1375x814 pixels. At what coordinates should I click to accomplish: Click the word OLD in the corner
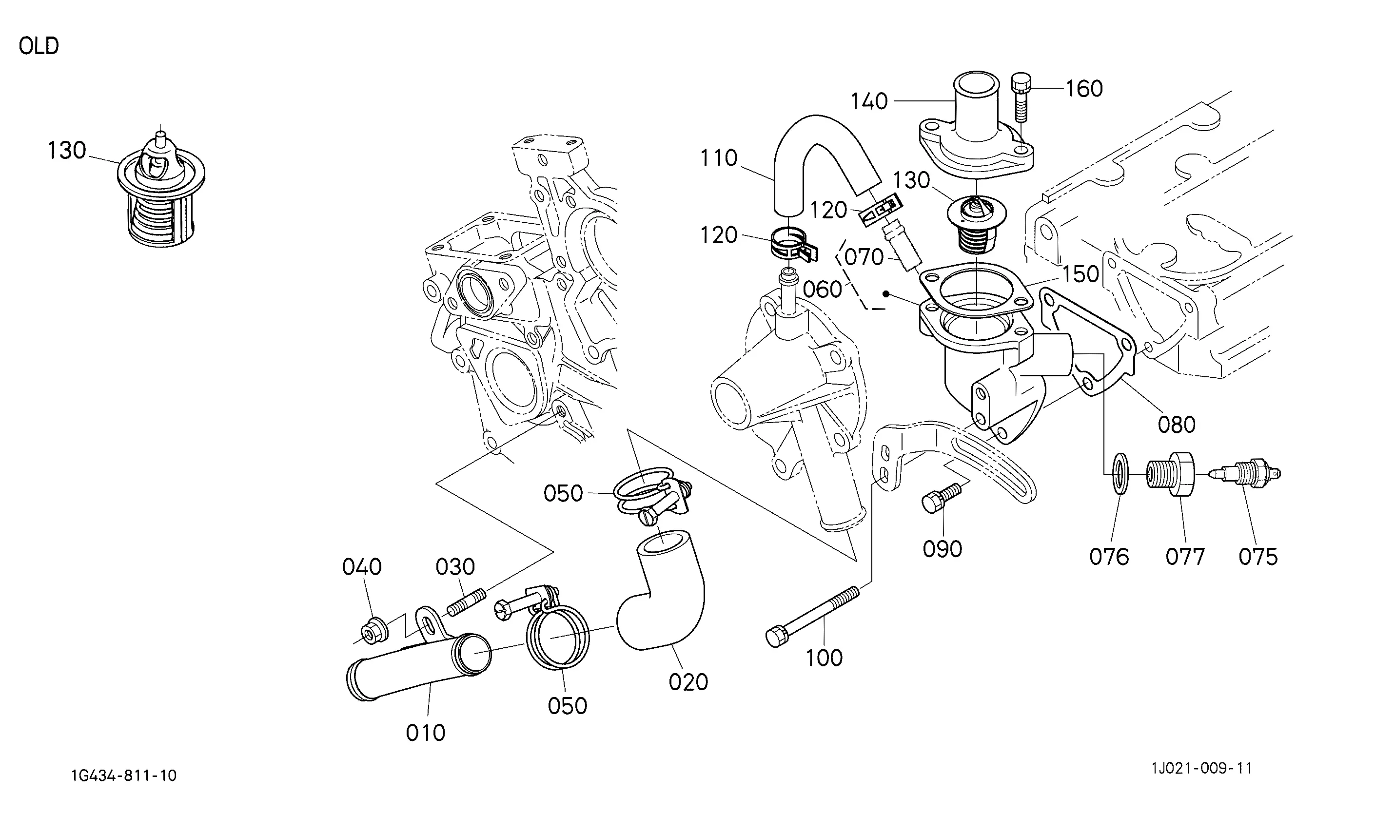pos(39,46)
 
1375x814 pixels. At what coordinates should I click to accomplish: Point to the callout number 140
pos(869,101)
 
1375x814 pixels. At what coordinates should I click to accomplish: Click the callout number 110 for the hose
pos(719,158)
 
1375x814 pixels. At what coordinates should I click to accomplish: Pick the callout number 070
pos(864,257)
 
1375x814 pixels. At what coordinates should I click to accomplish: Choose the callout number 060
pos(823,289)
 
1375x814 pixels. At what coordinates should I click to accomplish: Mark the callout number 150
pos(1080,274)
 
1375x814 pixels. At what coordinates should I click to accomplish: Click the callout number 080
pos(1177,425)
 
